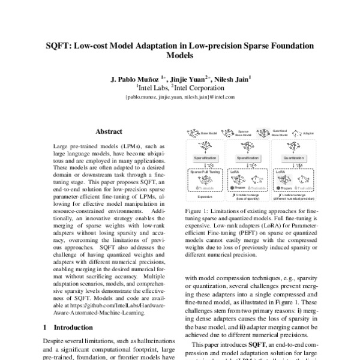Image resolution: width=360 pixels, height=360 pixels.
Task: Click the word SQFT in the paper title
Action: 61,45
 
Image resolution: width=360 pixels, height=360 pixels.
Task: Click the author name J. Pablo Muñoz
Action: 134,78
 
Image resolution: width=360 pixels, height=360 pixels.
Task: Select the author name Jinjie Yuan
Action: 186,78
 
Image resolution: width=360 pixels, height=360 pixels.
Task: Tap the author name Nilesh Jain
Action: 231,78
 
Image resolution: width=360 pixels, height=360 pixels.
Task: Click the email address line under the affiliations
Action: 179,96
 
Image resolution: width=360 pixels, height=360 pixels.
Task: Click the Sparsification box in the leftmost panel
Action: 206,157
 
